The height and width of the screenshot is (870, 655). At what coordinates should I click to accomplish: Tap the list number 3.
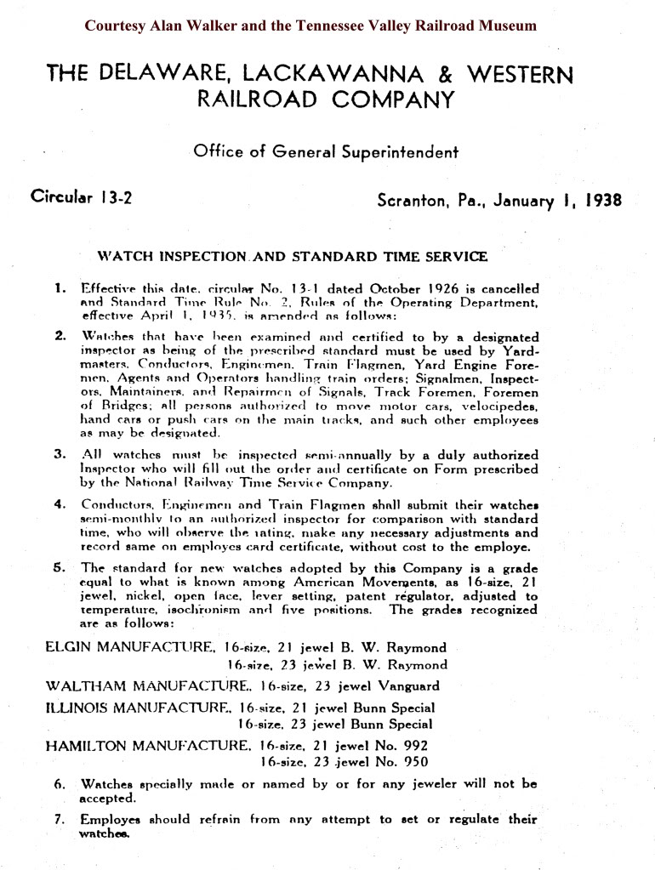60,453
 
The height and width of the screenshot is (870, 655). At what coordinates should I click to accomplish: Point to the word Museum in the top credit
507,26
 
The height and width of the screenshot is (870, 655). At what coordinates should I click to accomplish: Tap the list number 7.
60,820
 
